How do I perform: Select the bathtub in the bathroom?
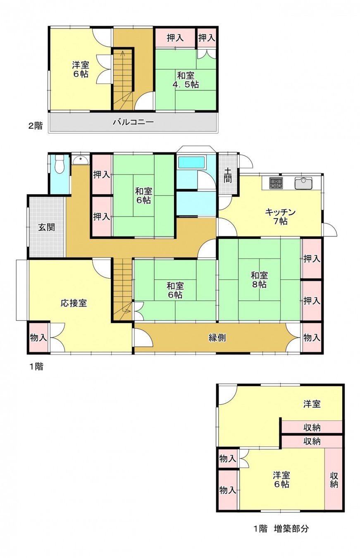coord(191,162)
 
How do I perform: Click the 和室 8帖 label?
coord(259,280)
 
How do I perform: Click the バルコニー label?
coord(133,122)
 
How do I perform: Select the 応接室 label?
coord(74,303)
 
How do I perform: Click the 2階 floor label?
coord(35,126)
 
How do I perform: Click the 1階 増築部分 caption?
coord(281,529)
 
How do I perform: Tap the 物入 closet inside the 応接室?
coord(38,338)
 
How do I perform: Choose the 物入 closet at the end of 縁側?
coord(312,338)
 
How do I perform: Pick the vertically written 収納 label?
coord(334,479)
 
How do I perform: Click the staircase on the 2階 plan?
coord(123,79)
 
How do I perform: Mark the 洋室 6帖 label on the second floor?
coord(80,69)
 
